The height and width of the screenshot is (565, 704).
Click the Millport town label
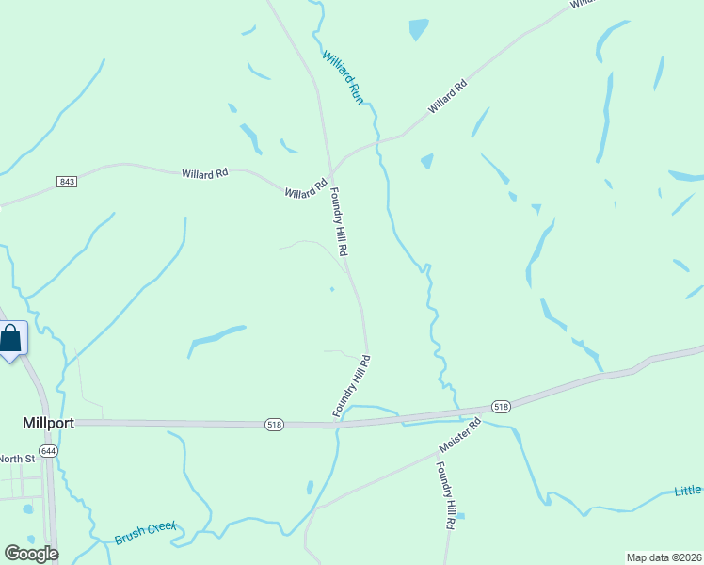(x=47, y=424)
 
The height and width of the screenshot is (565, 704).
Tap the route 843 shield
(x=66, y=182)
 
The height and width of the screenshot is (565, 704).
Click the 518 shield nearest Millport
(x=274, y=425)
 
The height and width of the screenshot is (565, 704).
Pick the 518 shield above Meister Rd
(x=501, y=407)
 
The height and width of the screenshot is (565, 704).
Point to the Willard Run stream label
(x=343, y=76)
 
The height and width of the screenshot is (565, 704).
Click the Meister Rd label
(x=460, y=437)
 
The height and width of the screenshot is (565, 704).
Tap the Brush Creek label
(x=146, y=533)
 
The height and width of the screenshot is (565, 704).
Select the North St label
(x=16, y=459)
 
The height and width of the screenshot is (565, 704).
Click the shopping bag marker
(x=10, y=338)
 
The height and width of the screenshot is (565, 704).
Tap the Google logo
(x=31, y=554)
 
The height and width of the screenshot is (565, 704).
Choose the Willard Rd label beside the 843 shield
(x=205, y=173)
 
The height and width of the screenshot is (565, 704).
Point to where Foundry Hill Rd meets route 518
(x=337, y=426)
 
